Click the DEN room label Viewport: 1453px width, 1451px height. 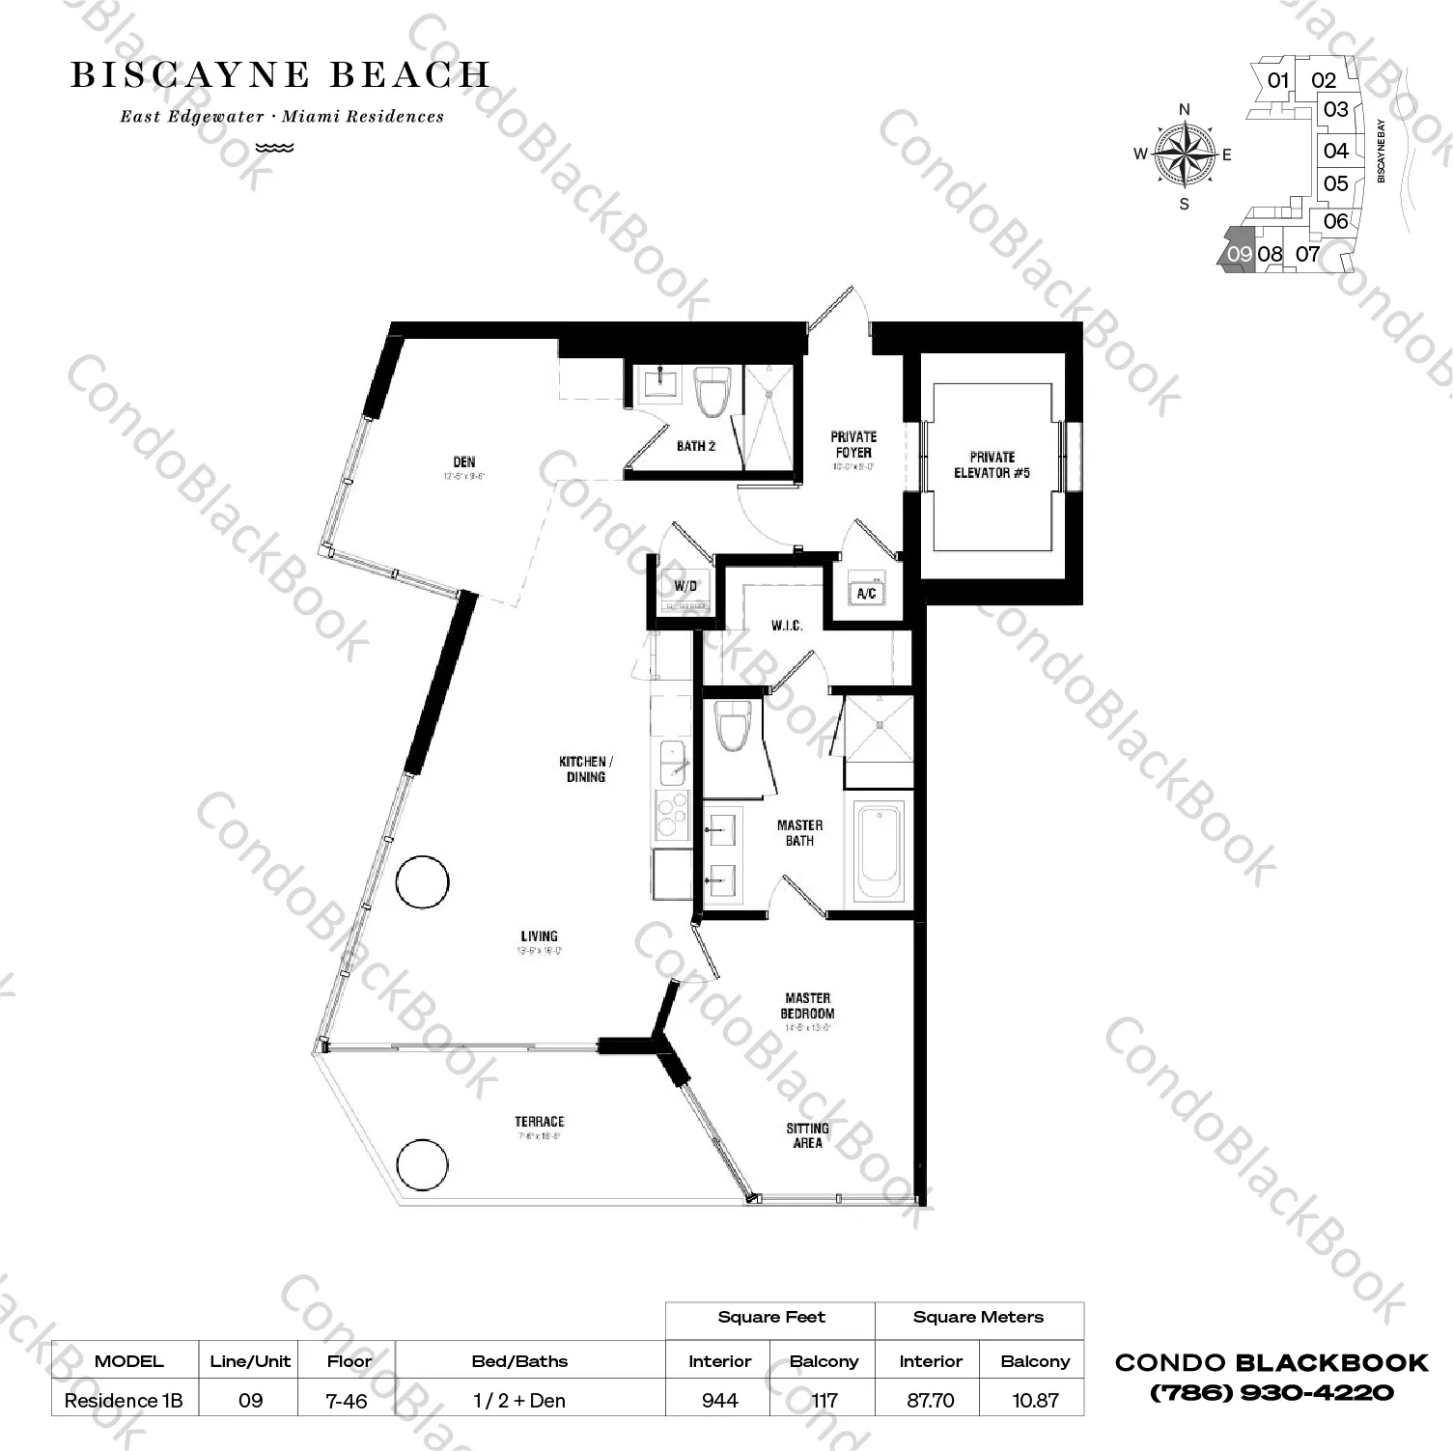[464, 462]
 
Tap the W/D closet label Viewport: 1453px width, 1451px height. [685, 586]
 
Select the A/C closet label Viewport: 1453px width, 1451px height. [866, 593]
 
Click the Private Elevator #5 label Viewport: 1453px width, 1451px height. [992, 464]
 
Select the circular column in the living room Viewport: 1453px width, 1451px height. [423, 881]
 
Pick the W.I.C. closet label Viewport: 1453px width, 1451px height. [787, 626]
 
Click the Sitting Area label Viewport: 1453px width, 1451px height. [807, 1135]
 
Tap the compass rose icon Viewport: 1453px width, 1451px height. [1185, 154]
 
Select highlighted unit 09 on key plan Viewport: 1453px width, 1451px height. [1238, 254]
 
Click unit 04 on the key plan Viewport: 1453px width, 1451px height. [1336, 151]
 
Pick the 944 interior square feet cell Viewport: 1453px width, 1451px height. [720, 1400]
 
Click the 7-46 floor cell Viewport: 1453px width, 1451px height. [348, 1400]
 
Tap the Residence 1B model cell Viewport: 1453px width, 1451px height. [124, 1400]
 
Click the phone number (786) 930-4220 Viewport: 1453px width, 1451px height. [1271, 1392]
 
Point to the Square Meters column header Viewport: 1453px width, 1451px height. [978, 1317]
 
